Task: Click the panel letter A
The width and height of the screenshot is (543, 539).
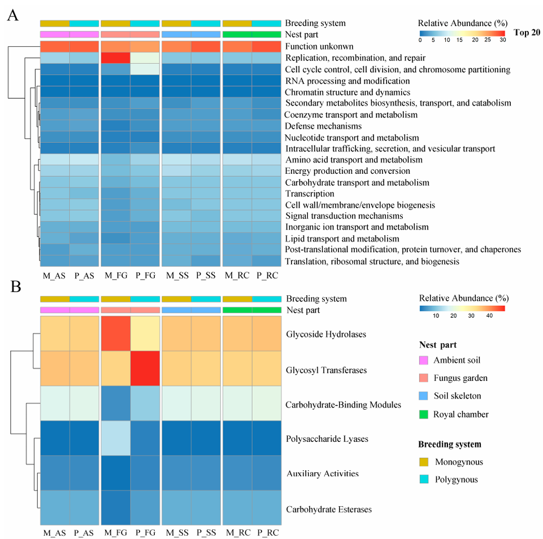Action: tap(12, 16)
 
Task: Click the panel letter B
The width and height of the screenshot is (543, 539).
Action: tap(12, 287)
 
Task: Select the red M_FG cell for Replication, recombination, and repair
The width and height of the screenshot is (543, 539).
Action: tap(115, 58)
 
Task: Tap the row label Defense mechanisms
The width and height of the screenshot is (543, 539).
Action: tap(323, 126)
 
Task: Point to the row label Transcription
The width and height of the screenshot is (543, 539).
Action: tap(310, 194)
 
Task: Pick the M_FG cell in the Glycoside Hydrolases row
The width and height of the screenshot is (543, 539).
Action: tap(115, 334)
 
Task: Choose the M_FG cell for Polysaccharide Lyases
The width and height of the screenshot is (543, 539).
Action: tap(115, 439)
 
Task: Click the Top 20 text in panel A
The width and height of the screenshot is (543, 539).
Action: tap(527, 32)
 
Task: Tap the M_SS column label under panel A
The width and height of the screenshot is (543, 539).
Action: tap(176, 275)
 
